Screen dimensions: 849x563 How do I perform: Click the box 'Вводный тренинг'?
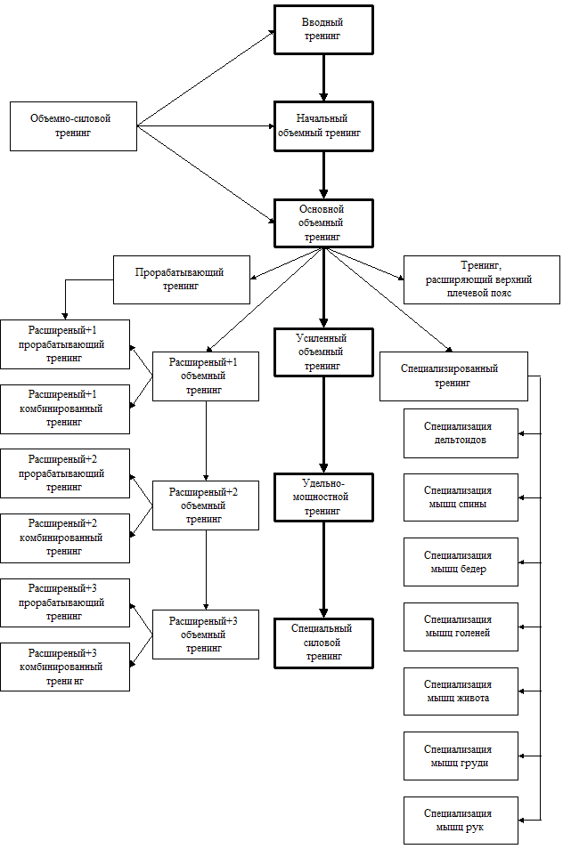click(x=322, y=29)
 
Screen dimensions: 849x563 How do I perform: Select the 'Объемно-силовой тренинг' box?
click(x=73, y=125)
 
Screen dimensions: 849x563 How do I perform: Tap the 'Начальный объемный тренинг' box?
click(x=322, y=125)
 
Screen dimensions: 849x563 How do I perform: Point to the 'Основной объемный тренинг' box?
click(x=322, y=222)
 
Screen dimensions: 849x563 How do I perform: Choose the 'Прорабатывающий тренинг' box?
click(x=181, y=279)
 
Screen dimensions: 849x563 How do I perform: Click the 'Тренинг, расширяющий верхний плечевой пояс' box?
click(x=481, y=279)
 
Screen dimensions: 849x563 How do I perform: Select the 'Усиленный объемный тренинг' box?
click(x=322, y=352)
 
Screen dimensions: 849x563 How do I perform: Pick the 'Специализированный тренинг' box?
click(x=453, y=376)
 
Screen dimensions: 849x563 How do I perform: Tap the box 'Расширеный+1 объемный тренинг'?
click(x=205, y=376)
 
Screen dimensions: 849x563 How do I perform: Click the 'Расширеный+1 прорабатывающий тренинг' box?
click(x=64, y=344)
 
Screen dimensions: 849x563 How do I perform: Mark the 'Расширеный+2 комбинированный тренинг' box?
click(x=64, y=538)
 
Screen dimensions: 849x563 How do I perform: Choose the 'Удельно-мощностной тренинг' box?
click(x=322, y=497)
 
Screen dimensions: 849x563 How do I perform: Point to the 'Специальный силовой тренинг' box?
click(x=322, y=643)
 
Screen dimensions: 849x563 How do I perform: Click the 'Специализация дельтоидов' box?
click(x=460, y=433)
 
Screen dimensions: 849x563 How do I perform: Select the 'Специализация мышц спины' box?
click(x=460, y=497)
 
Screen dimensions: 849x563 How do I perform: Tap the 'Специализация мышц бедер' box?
click(x=460, y=562)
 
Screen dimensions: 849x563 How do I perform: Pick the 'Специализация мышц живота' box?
click(x=460, y=691)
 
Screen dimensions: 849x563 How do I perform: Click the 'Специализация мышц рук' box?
click(x=460, y=820)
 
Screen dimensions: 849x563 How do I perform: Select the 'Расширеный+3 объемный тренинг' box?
click(x=205, y=634)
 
